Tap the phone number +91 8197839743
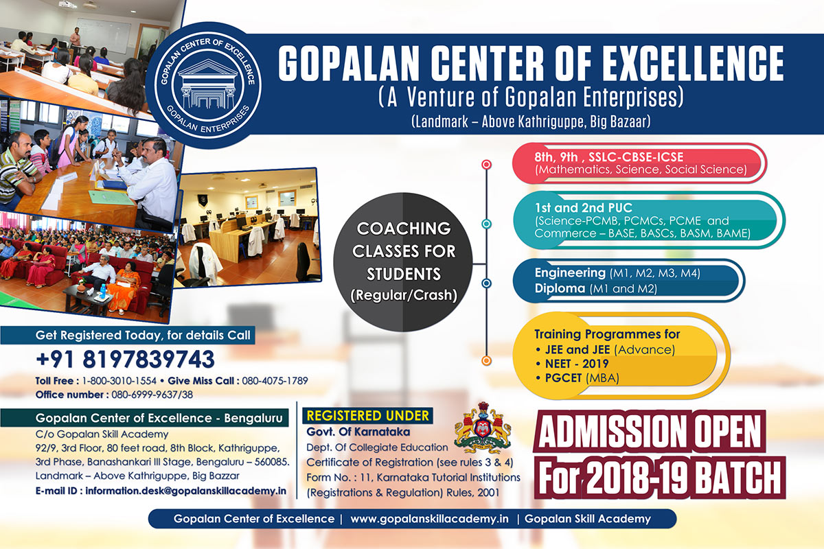pyautogui.click(x=125, y=360)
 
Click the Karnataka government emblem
pyautogui.click(x=483, y=428)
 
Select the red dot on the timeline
pyautogui.click(x=486, y=165)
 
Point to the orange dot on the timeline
pyautogui.click(x=486, y=361)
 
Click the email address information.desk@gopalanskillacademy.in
pyautogui.click(x=186, y=491)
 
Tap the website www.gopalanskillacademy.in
pyautogui.click(x=429, y=519)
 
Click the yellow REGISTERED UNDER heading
pyautogui.click(x=367, y=415)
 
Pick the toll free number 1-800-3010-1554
pyautogui.click(x=119, y=381)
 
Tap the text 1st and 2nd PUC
pyautogui.click(x=583, y=208)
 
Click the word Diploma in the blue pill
pyautogui.click(x=560, y=288)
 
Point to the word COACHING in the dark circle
pyautogui.click(x=404, y=229)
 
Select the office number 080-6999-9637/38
pyautogui.click(x=152, y=395)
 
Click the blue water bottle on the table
pyautogui.click(x=104, y=290)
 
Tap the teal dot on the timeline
pyautogui.click(x=486, y=224)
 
